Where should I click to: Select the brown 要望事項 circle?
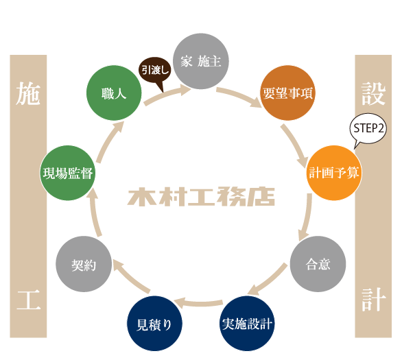pyautogui.click(x=287, y=94)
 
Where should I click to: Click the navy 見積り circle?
pyautogui.click(x=155, y=323)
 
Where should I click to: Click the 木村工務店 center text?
pyautogui.click(x=201, y=197)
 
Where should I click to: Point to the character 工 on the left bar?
pyautogui.click(x=29, y=300)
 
